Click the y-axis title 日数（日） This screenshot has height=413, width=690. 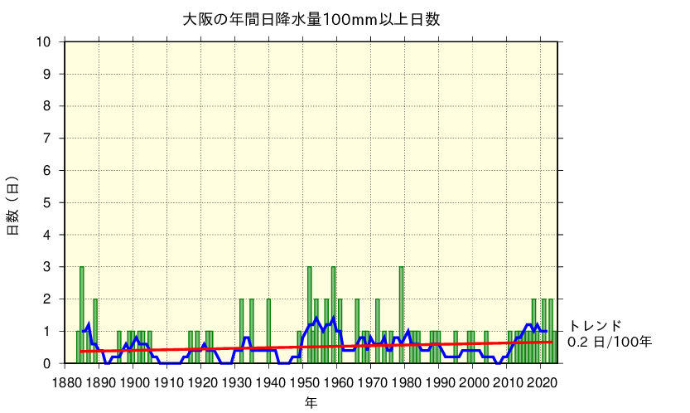(13, 205)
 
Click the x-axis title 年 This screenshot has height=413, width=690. (310, 402)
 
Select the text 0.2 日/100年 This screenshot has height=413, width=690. (610, 342)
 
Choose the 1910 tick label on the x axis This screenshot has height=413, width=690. (168, 382)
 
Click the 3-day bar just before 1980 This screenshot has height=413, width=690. (401, 315)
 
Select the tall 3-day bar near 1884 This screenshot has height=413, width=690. (81, 315)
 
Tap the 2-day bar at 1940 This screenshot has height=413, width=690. (268, 332)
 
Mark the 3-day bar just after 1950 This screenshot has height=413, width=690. (309, 315)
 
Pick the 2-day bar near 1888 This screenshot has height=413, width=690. (95, 332)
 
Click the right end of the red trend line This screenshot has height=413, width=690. (552, 342)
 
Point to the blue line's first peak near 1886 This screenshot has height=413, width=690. (88, 324)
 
